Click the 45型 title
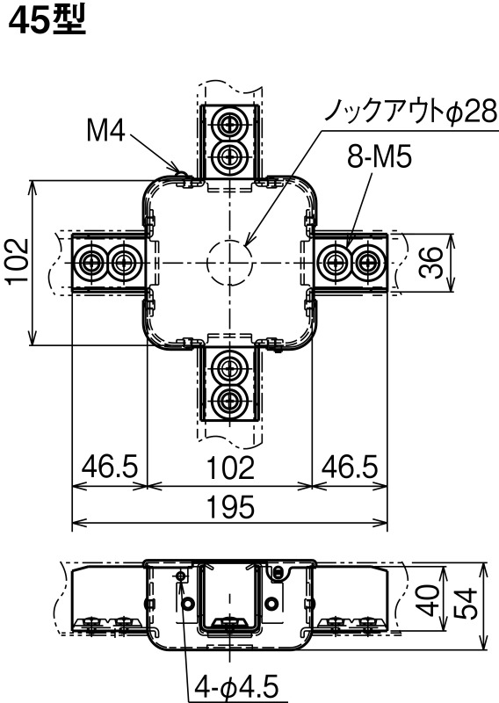pos(47,20)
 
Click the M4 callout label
pos(105,131)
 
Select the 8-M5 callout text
pos(380,157)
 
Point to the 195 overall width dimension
pos(230,507)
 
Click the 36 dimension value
pos(430,262)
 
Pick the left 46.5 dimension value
pos(110,467)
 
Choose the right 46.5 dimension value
pos(350,467)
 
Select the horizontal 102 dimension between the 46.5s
pos(230,467)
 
